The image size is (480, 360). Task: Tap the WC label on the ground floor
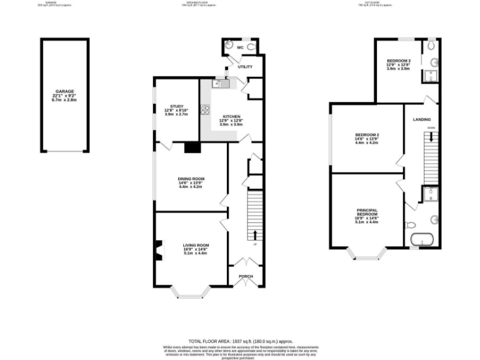(x=239, y=47)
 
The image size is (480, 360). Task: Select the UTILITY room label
(x=244, y=66)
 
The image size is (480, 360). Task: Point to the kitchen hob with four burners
(x=204, y=109)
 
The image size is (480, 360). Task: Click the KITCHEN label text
(x=229, y=116)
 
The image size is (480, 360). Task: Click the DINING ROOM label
(x=191, y=178)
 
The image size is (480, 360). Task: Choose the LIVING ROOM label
(x=196, y=244)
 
